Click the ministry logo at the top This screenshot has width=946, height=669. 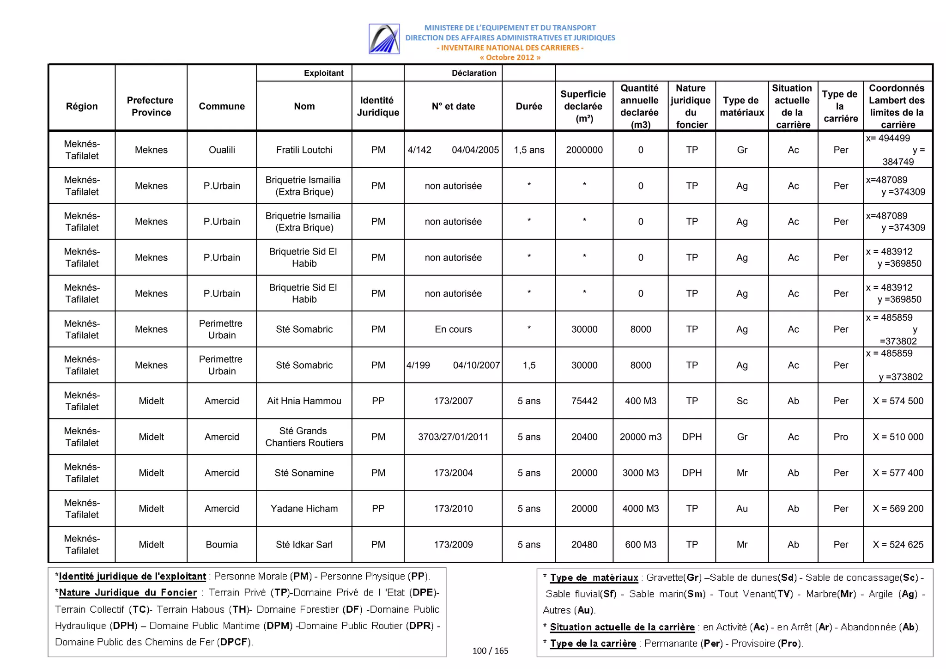(384, 39)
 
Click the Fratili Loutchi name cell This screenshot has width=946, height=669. (304, 150)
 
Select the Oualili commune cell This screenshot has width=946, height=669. (222, 150)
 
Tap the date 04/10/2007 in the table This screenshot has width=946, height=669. (476, 365)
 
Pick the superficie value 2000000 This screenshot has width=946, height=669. (584, 150)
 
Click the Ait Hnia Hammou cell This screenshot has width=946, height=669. (304, 401)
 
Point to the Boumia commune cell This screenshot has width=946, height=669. (222, 544)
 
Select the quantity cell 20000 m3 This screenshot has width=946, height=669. (640, 437)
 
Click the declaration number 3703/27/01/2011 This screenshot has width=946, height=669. (453, 437)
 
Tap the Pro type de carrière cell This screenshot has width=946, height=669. (840, 437)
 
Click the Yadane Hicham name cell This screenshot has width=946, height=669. (304, 508)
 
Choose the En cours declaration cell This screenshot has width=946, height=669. (453, 329)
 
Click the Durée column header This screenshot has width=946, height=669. (528, 106)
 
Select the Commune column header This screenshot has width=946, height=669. (222, 106)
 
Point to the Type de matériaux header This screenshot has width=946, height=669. (741, 106)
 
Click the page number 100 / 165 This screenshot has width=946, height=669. (490, 651)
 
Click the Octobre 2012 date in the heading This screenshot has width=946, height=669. (509, 57)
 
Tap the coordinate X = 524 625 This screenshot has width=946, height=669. (897, 544)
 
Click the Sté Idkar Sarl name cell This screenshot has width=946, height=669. (304, 544)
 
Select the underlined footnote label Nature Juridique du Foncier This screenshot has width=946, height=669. (128, 592)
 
